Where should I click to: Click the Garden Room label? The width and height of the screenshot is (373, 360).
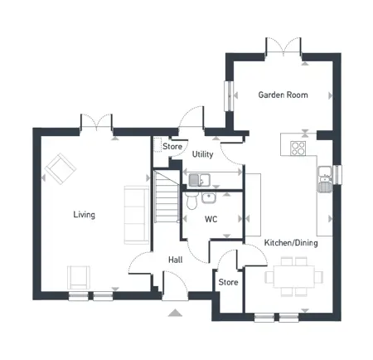[x=283, y=95]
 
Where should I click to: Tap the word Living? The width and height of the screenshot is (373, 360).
[x=84, y=215]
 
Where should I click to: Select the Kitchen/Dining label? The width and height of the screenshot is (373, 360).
[x=290, y=243]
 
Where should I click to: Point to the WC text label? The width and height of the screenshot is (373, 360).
[x=211, y=220]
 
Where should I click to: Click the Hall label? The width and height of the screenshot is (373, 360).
[x=176, y=260]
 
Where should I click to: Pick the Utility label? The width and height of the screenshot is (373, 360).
[x=203, y=154]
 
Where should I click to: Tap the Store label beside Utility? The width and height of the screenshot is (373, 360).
[x=172, y=147]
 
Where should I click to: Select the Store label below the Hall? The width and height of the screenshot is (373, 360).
[x=228, y=282]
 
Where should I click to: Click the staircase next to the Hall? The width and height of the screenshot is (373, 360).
[x=167, y=197]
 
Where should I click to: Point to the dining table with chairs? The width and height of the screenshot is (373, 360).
[x=289, y=275]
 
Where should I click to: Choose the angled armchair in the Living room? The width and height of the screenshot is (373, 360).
[x=59, y=170]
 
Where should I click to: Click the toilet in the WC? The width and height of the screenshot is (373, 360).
[x=191, y=202]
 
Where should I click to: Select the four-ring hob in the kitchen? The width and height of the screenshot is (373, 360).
[x=298, y=148]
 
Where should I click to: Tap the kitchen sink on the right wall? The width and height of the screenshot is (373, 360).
[x=324, y=176]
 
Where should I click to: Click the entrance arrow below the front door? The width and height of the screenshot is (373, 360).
[x=174, y=313]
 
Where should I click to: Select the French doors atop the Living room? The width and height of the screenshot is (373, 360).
[x=96, y=123]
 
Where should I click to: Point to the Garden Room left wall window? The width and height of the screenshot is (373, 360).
[x=230, y=95]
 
